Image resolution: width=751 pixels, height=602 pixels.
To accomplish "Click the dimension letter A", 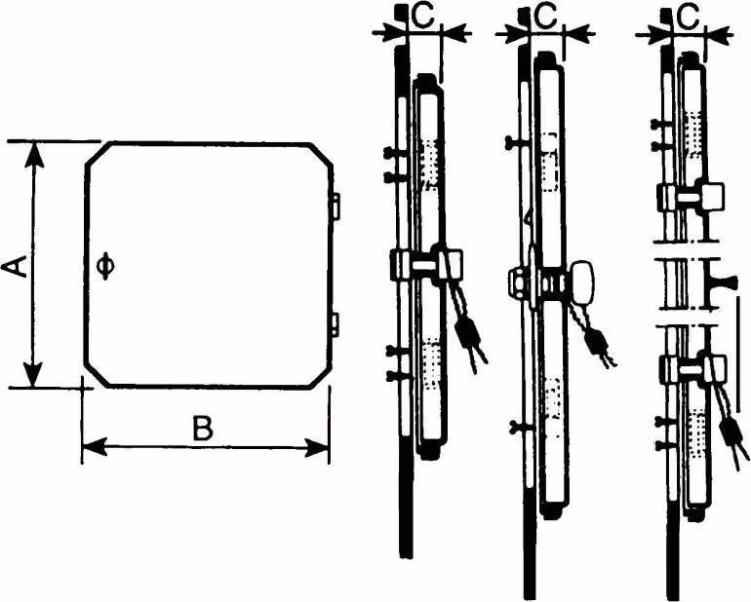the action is pos(16,267).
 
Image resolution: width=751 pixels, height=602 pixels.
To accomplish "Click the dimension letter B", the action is pos(203,428).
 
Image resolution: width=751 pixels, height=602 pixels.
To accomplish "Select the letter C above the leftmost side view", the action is pos(422,18).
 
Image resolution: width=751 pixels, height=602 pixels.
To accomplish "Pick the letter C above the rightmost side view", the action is pos(687,18).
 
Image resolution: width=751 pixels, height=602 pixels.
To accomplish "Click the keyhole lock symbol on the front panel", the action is pos(105,267).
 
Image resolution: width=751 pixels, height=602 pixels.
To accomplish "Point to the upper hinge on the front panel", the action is pos(336,206).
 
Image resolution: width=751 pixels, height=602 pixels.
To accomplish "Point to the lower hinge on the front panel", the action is pos(336,323).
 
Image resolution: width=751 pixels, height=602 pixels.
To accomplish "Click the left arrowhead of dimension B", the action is pos(94,447).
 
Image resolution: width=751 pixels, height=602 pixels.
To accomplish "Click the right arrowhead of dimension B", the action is pos(318,448).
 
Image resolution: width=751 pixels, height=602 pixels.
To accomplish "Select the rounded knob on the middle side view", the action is pos(582,282).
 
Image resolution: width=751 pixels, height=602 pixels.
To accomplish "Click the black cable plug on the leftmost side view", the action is pos(464,332).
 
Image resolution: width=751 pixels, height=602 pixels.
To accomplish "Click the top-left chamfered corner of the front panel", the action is pos(99,154).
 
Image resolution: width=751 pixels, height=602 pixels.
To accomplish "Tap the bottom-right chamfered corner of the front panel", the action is pos(319,373).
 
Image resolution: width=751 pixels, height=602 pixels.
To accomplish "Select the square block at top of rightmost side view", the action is pos(713,197).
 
